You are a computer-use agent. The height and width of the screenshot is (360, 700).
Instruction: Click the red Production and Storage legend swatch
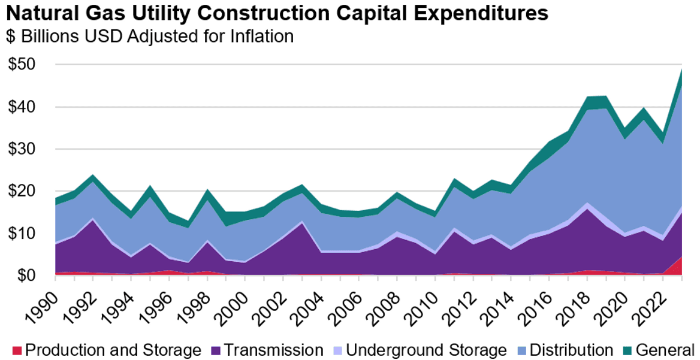pos(16,350)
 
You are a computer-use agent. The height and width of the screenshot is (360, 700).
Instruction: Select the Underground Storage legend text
pos(426,350)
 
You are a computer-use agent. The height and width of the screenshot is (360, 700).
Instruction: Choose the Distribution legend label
pos(573,350)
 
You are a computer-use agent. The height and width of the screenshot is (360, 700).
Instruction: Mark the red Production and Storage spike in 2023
pos(680,265)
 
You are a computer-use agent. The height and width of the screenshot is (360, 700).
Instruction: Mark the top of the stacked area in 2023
pos(682,69)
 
